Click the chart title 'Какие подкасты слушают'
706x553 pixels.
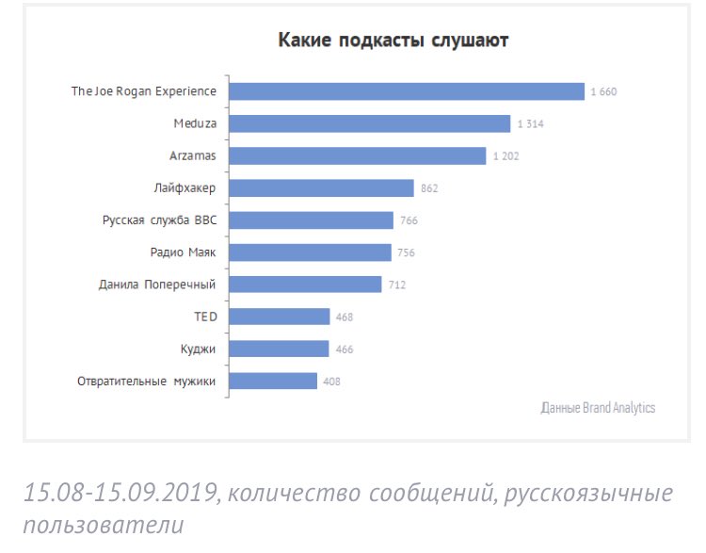point(393,41)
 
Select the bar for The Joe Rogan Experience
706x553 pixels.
point(407,91)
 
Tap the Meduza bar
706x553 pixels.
point(370,123)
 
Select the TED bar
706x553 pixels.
point(280,317)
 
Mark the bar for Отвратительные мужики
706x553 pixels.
point(273,381)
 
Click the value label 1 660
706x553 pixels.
point(603,92)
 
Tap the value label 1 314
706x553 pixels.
point(529,124)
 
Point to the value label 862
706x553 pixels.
point(429,188)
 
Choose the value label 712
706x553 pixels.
point(396,285)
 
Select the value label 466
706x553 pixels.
point(344,350)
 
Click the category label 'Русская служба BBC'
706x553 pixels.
point(159,220)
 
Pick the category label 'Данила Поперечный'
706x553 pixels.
point(157,285)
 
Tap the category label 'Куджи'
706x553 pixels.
point(199,349)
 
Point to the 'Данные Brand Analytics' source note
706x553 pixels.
point(599,408)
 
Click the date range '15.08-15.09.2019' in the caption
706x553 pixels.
point(120,493)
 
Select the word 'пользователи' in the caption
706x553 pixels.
point(104,525)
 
